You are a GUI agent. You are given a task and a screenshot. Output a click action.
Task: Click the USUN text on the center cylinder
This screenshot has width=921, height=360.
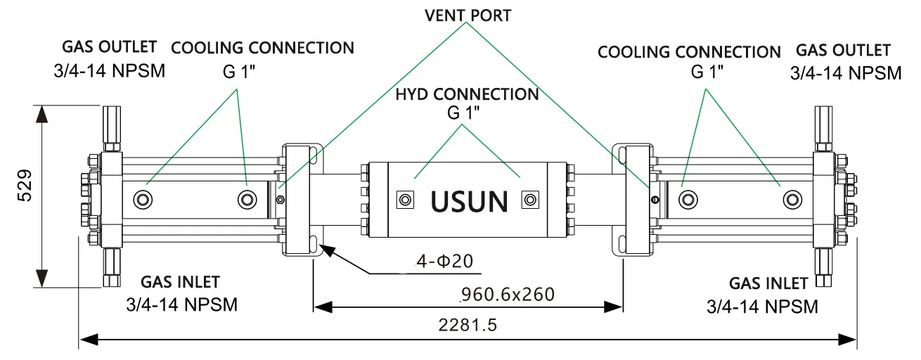pyautogui.click(x=469, y=201)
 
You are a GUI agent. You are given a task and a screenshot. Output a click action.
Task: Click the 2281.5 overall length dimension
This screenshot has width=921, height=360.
pyautogui.click(x=468, y=326)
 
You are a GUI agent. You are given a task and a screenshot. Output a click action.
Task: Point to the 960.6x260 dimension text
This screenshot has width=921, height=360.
pyautogui.click(x=507, y=293)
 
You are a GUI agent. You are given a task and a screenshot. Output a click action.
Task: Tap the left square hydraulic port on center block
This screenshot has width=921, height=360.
pyautogui.click(x=406, y=200)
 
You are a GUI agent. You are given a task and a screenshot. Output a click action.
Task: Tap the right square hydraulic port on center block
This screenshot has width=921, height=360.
pyautogui.click(x=529, y=200)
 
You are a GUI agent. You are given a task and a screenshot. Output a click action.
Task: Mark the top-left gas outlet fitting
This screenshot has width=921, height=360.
pyautogui.click(x=112, y=127)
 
